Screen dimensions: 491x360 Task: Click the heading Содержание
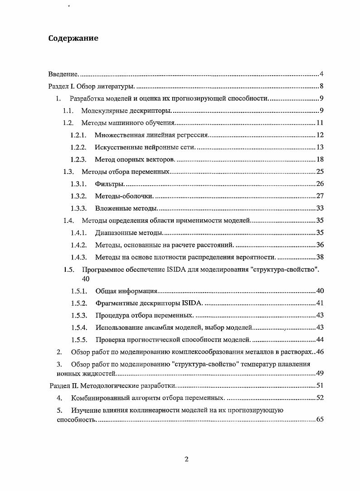tap(73, 38)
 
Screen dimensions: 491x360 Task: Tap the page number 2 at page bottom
tap(186, 459)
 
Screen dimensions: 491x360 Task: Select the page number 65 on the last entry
tap(319, 420)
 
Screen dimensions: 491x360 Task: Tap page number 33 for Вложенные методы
tap(319, 208)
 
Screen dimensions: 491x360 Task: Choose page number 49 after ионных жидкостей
tap(319, 374)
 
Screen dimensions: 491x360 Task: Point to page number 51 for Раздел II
tap(319, 385)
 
